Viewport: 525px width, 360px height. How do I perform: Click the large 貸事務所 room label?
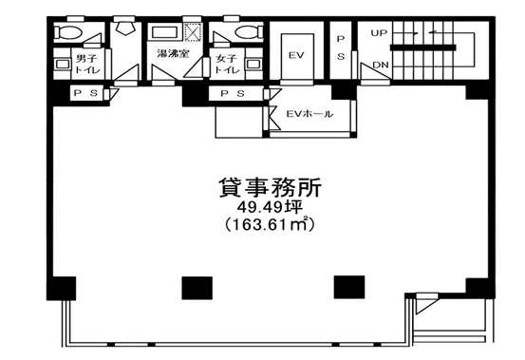pyautogui.click(x=270, y=187)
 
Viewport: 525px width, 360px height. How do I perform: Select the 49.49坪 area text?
pyautogui.click(x=270, y=208)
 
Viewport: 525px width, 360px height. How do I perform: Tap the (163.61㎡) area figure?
pyautogui.click(x=270, y=225)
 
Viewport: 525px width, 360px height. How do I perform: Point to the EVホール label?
pyautogui.click(x=309, y=114)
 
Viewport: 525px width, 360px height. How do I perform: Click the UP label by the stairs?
pyautogui.click(x=379, y=33)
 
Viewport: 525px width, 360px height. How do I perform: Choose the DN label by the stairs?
pyautogui.click(x=381, y=65)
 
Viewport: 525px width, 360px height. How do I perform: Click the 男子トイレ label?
pyautogui.click(x=87, y=65)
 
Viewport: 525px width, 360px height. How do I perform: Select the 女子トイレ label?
pyautogui.click(x=227, y=65)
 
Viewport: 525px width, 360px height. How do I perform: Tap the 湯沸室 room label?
pyautogui.click(x=173, y=53)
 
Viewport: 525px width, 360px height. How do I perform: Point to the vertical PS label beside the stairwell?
pyautogui.click(x=341, y=48)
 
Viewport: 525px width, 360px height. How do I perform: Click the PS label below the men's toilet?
pyautogui.click(x=85, y=93)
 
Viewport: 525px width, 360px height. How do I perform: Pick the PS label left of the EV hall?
pyautogui.click(x=233, y=93)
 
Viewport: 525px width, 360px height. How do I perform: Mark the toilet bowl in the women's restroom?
pyautogui.click(x=248, y=33)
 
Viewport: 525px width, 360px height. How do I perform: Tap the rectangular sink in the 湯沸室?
pyautogui.click(x=164, y=33)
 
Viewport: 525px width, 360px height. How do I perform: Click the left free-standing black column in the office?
pyautogui.click(x=197, y=288)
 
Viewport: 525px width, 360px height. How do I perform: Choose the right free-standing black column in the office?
pyautogui.click(x=349, y=287)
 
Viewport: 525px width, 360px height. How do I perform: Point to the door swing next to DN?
pyautogui.click(x=374, y=71)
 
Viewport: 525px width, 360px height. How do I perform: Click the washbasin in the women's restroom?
pyautogui.click(x=253, y=64)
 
